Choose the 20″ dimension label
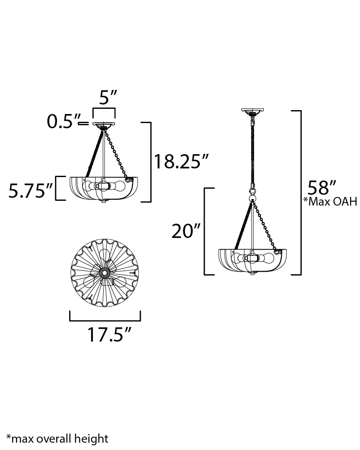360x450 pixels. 186,231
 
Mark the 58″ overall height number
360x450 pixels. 322,188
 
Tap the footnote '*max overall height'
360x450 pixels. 57,439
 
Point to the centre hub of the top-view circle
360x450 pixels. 104,273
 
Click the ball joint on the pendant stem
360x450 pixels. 252,199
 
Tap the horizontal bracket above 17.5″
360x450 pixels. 105,320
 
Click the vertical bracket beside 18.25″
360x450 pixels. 150,162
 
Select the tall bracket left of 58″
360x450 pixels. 300,193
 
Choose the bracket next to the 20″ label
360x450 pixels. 204,231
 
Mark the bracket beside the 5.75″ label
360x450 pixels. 57,188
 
